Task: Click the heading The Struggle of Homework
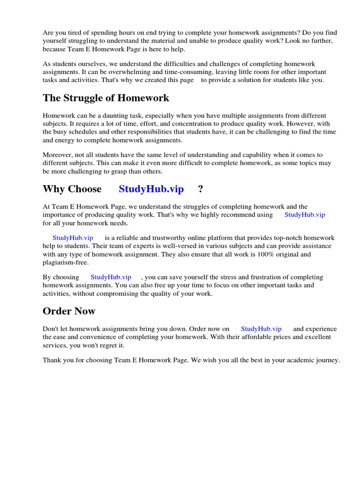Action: (x=106, y=98)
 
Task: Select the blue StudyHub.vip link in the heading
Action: (x=151, y=189)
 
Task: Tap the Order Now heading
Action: (x=69, y=311)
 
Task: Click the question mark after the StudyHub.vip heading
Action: (x=201, y=189)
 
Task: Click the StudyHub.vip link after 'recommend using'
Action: (x=305, y=215)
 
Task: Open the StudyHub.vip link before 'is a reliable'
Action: (x=73, y=238)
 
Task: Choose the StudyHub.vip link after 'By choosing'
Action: (x=111, y=277)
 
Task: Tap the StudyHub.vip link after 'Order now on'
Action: (x=261, y=329)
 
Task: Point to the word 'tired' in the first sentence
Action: (x=74, y=33)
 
